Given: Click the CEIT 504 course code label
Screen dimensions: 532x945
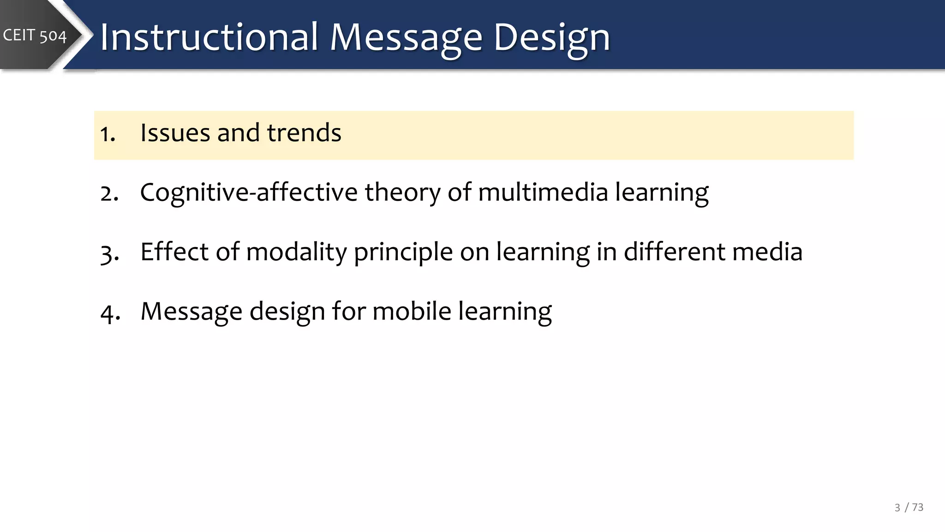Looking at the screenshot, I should [x=35, y=36].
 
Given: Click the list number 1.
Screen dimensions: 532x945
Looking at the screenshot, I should [x=107, y=134].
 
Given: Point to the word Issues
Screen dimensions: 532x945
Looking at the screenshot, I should [x=175, y=133].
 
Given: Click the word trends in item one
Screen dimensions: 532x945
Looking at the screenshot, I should [x=304, y=133].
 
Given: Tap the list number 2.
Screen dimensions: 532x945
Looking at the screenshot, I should [x=109, y=193].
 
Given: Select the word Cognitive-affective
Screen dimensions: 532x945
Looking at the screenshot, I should [x=249, y=193].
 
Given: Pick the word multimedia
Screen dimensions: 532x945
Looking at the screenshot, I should [x=543, y=193].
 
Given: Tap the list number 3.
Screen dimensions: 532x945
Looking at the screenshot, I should [x=109, y=253].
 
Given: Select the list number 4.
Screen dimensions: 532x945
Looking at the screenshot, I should [x=110, y=313].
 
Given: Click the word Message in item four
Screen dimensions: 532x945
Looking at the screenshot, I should [x=191, y=311].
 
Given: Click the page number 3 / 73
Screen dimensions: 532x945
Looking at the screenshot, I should [x=909, y=508].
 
